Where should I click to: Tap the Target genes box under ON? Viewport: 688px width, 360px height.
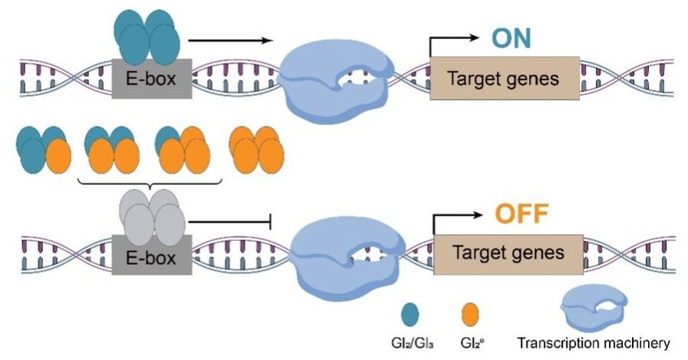pos(503,78)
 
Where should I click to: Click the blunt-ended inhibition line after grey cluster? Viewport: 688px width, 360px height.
pos(230,223)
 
